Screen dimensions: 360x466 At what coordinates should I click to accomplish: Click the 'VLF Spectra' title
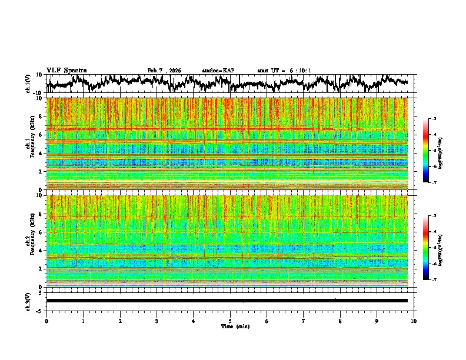pyautogui.click(x=66, y=70)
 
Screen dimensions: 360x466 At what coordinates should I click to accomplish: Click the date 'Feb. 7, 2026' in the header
pyautogui.click(x=164, y=71)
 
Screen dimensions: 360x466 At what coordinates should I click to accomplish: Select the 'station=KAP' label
pyautogui.click(x=218, y=71)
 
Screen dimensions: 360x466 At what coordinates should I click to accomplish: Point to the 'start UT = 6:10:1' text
pyautogui.click(x=284, y=71)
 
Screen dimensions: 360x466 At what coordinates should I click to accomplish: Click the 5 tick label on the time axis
pyautogui.click(x=230, y=321)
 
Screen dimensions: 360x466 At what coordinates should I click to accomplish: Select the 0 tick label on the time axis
pyautogui.click(x=46, y=321)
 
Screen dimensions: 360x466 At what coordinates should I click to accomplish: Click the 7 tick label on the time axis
pyautogui.click(x=304, y=321)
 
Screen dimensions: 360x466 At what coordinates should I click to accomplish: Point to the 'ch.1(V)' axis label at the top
pyautogui.click(x=29, y=84)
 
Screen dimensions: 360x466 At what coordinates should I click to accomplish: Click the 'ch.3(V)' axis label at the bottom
pyautogui.click(x=29, y=300)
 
